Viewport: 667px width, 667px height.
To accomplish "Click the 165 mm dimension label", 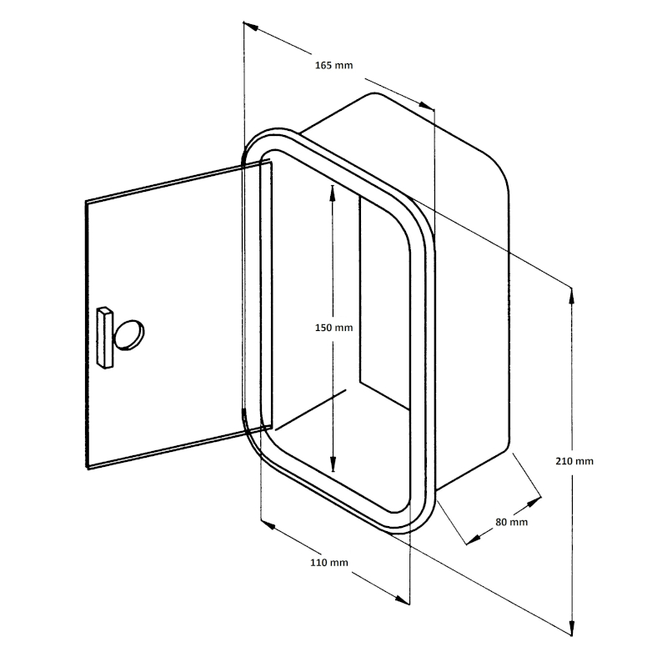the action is tap(334, 65).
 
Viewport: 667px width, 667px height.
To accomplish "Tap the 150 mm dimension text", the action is tap(334, 328).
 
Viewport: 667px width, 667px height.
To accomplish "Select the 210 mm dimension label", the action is tap(574, 461).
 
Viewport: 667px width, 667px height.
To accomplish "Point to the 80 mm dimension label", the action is tap(511, 522).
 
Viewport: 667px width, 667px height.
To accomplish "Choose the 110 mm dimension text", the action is tap(329, 562).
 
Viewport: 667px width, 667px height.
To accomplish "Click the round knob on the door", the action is tap(128, 335).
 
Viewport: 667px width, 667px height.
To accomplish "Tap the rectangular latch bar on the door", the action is tap(105, 337).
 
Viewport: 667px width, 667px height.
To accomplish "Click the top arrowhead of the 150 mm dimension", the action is tap(333, 193).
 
